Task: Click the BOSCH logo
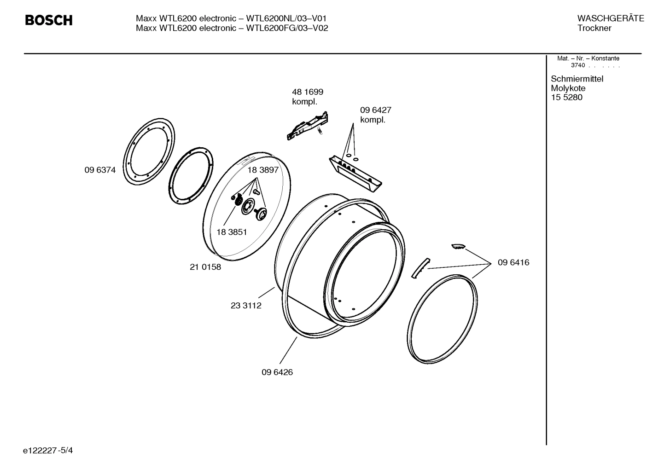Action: pyautogui.click(x=48, y=20)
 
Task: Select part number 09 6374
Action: pyautogui.click(x=100, y=170)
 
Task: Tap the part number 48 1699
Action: pyautogui.click(x=307, y=92)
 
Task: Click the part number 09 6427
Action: pyautogui.click(x=375, y=110)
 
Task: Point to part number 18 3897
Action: pyautogui.click(x=263, y=170)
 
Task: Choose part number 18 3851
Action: pyautogui.click(x=231, y=232)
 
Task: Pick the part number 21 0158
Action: pyautogui.click(x=205, y=267)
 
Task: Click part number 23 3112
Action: pyautogui.click(x=246, y=306)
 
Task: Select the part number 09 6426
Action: pyautogui.click(x=277, y=372)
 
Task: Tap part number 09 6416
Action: pyautogui.click(x=513, y=262)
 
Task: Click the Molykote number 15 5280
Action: pyautogui.click(x=566, y=98)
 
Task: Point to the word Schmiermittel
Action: pyautogui.click(x=577, y=79)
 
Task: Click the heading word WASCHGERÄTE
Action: pyautogui.click(x=610, y=18)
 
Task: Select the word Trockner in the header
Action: pyautogui.click(x=594, y=28)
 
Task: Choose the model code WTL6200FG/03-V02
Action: pyautogui.click(x=287, y=28)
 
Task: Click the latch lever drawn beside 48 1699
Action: pyautogui.click(x=308, y=125)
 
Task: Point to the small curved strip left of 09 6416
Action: pyautogui.click(x=419, y=268)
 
